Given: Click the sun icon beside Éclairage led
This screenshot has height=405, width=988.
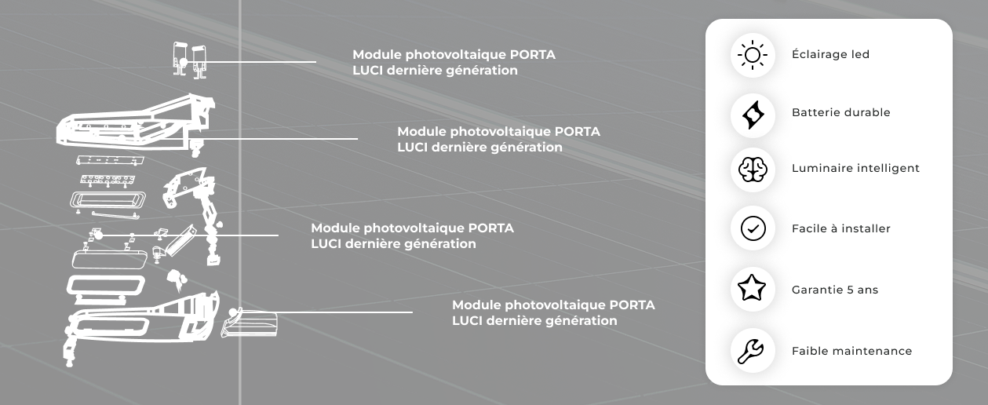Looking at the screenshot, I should tap(753, 55).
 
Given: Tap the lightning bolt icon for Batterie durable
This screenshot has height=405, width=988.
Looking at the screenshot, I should tap(753, 113).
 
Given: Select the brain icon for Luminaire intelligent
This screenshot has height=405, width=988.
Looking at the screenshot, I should tap(753, 169).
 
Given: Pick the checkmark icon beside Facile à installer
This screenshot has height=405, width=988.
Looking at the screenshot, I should tap(753, 229).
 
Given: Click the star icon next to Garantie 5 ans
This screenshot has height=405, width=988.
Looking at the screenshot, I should tap(753, 290).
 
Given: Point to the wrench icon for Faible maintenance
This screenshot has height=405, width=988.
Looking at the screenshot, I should tap(753, 351).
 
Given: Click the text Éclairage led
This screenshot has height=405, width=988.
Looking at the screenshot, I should tap(830, 55).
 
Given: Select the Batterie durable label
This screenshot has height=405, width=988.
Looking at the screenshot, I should tap(840, 113).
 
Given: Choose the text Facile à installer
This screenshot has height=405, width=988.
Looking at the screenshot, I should tap(840, 229).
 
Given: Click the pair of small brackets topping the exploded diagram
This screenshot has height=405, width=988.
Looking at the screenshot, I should tap(190, 59).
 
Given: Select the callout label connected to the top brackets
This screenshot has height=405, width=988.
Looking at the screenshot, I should tap(454, 63).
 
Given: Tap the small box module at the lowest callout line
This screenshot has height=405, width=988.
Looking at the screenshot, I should tap(251, 323).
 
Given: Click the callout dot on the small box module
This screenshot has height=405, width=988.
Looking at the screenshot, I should tap(231, 312).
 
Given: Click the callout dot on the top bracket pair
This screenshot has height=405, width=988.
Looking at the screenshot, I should tap(183, 61).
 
